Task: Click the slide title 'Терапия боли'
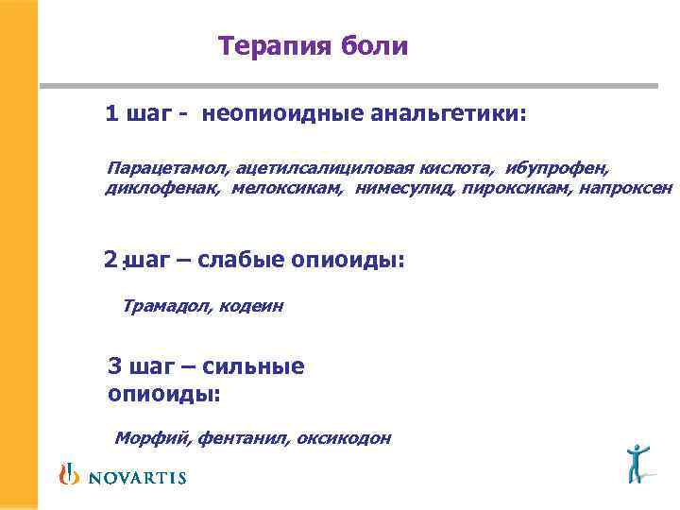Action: click(x=313, y=46)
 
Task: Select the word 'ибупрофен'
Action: click(x=556, y=168)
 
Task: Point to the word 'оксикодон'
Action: click(x=343, y=438)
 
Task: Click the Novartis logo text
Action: click(x=137, y=477)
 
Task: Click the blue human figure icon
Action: click(x=639, y=461)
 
